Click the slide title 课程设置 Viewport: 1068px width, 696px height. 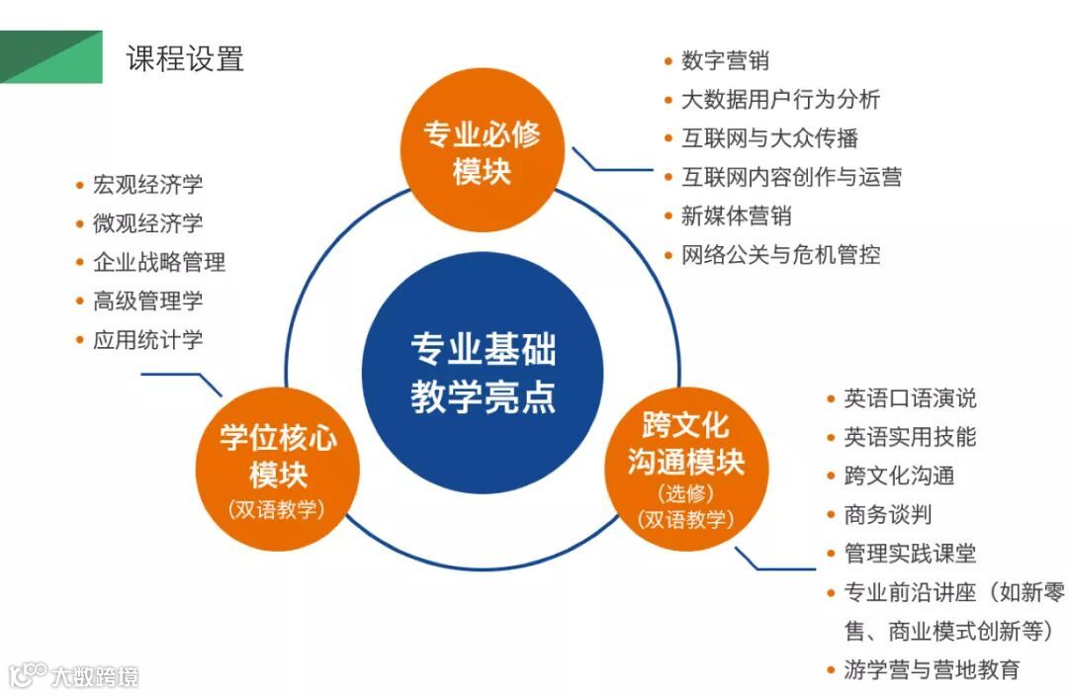coord(185,58)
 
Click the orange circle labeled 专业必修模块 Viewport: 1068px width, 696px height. coord(482,152)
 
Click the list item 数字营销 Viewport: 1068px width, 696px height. coord(725,60)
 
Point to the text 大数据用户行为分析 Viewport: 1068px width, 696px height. coord(780,99)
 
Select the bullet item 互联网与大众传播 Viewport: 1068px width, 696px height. coord(769,138)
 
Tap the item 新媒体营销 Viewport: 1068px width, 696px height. coord(736,216)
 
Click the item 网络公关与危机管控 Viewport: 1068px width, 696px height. coord(780,254)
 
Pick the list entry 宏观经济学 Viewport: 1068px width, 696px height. coord(147,185)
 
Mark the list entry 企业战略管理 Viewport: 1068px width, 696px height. coord(158,262)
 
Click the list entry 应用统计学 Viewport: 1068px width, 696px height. coord(147,340)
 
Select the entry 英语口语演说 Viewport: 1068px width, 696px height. coord(910,398)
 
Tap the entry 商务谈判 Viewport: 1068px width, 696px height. coord(887,514)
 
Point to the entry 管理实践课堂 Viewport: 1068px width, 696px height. coord(910,554)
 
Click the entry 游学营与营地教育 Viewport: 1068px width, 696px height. coord(932,669)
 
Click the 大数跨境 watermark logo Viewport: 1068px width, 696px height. coord(73,675)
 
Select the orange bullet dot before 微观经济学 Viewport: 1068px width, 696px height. coord(80,223)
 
